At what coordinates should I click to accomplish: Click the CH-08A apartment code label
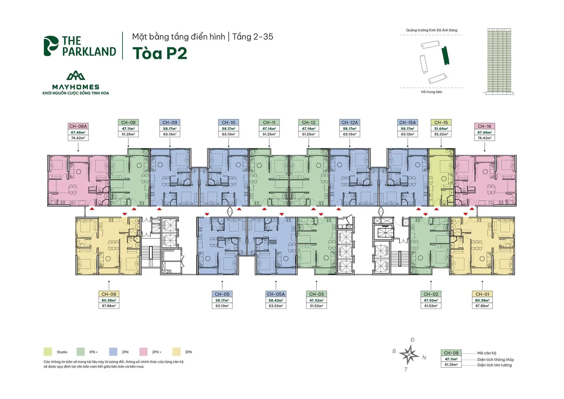pos(78,127)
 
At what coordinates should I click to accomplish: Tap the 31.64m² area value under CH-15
pos(441,129)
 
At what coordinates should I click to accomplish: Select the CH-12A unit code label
pos(349,123)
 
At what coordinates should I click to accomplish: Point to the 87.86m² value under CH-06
pos(109,306)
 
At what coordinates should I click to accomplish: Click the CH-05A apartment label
pos(276,294)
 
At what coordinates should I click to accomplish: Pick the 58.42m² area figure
pos(276,300)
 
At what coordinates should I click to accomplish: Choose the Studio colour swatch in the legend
pos(48,352)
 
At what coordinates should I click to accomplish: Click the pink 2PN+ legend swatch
pos(143,352)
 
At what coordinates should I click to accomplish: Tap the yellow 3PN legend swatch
pos(176,352)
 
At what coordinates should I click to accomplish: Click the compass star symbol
pos(409,355)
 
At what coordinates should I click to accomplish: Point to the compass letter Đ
pos(412,340)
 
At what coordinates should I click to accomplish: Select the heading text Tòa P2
pos(160,53)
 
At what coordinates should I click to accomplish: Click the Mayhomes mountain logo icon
pos(75,75)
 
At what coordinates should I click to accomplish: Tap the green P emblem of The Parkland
pos(51,46)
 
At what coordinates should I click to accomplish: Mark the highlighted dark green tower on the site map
pos(446,56)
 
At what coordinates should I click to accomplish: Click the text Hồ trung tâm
pos(431,92)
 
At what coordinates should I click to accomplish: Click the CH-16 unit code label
pos(484,127)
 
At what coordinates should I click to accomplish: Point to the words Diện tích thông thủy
pos(496,360)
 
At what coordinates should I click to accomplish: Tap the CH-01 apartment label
pos(482,294)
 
